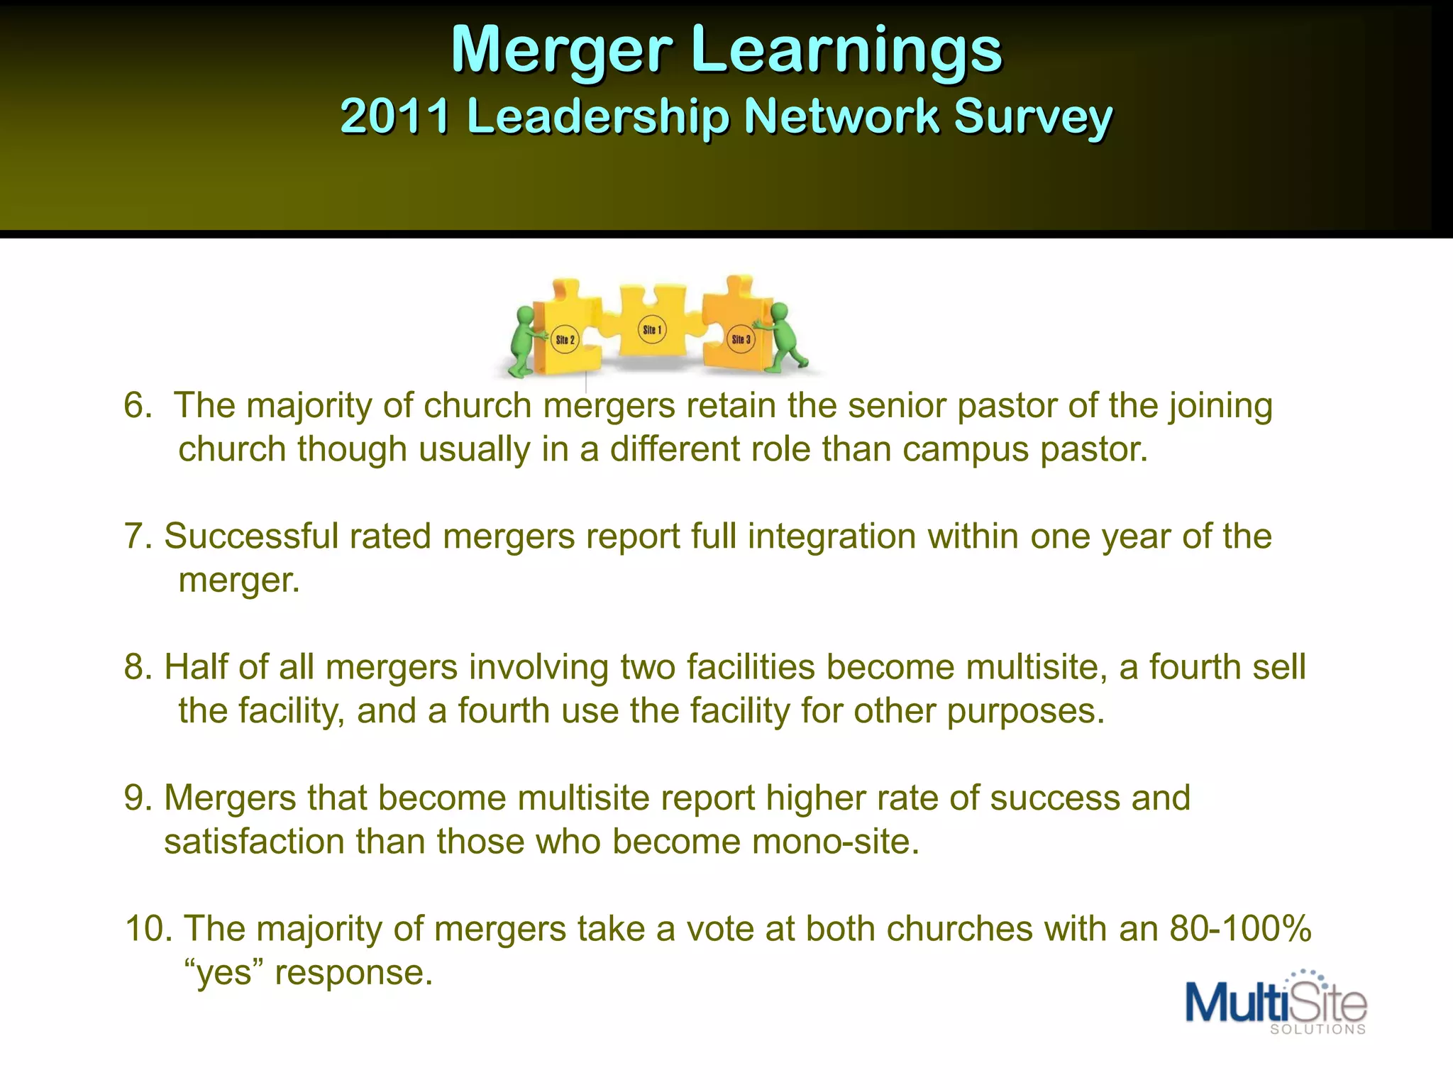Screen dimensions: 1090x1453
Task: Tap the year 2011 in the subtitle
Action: coord(394,116)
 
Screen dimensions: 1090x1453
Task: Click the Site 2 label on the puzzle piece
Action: coord(565,340)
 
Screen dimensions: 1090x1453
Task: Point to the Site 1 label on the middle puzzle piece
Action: coord(652,330)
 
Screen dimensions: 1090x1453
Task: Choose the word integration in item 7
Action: coord(832,536)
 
